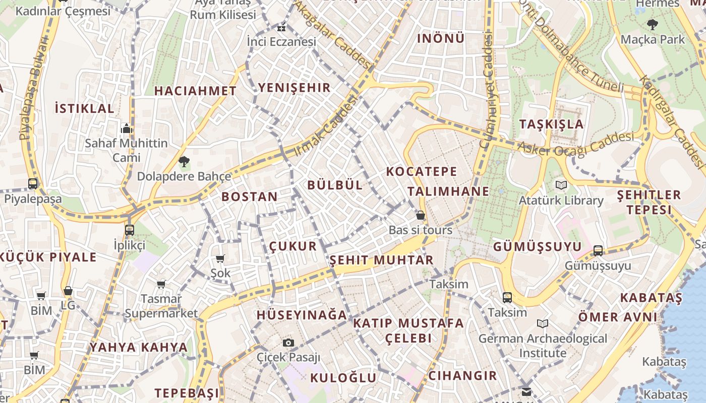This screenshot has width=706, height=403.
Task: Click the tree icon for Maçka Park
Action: click(x=653, y=24)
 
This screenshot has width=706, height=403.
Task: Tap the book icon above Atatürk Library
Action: click(x=561, y=185)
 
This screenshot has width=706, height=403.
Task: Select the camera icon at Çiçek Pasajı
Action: click(x=288, y=343)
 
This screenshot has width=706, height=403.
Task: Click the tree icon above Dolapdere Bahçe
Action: click(x=184, y=162)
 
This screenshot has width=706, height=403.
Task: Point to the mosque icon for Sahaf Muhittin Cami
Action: click(x=126, y=128)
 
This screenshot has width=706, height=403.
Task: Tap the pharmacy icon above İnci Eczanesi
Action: click(x=281, y=27)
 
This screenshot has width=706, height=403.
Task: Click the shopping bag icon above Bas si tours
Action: click(x=420, y=216)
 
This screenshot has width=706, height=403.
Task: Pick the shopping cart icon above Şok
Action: click(x=220, y=259)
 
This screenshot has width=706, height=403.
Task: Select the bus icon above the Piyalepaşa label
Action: click(x=33, y=183)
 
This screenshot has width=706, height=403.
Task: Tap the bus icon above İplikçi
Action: click(x=130, y=230)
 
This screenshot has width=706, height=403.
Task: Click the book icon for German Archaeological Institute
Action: click(x=543, y=323)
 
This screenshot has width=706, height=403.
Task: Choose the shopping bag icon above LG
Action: click(x=68, y=291)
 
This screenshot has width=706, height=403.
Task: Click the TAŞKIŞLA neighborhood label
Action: click(x=551, y=124)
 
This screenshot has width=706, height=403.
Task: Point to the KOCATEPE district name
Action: click(x=422, y=171)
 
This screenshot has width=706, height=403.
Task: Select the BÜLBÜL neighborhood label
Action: click(x=335, y=185)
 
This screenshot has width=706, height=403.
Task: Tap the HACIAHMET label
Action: click(x=195, y=91)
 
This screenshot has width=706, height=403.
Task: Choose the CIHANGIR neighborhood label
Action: click(x=462, y=375)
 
